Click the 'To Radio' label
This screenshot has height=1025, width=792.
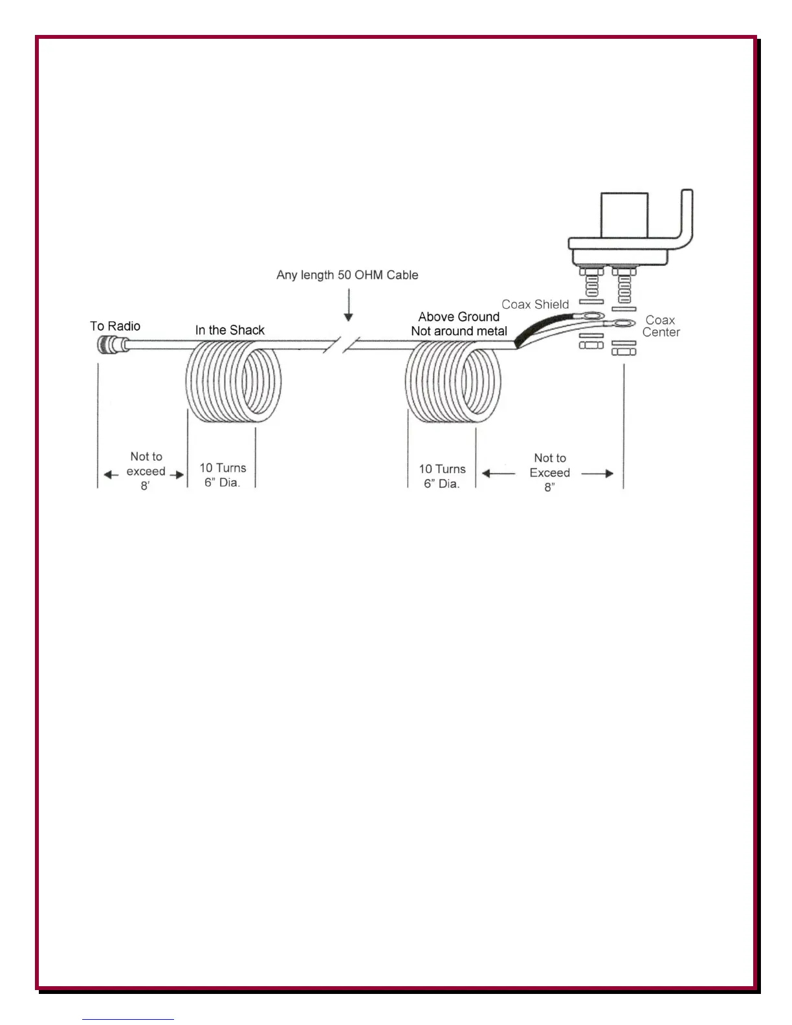coord(115,326)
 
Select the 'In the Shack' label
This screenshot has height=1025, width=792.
coord(230,330)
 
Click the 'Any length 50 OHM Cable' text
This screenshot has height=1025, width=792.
coord(347,275)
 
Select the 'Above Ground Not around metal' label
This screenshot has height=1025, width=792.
coord(459,324)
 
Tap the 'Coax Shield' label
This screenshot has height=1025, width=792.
coord(535,304)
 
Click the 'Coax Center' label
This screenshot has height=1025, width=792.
coord(661,326)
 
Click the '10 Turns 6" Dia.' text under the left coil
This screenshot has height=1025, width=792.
coord(223,475)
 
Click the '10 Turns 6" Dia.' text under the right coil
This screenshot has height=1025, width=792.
coord(442,476)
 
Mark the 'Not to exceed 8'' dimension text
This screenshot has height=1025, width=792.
coord(146,471)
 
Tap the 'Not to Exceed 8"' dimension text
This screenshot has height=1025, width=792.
coord(550,473)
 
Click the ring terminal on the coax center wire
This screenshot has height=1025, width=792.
coord(624,323)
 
